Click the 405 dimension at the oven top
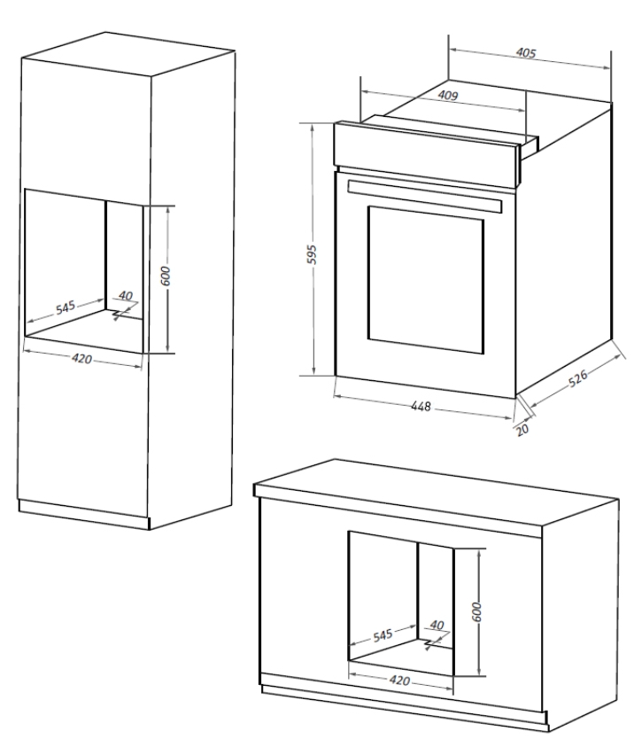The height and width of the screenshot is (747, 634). point(526,52)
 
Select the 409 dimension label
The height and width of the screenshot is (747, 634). point(448,96)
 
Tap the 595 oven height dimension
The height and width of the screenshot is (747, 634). point(312,254)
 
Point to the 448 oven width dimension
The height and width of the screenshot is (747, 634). point(421,406)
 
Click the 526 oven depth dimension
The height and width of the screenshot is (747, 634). point(578,377)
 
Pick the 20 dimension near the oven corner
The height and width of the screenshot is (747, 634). point(522,429)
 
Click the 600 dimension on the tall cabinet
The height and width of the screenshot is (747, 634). point(165,276)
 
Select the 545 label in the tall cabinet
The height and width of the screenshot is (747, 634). point(66,307)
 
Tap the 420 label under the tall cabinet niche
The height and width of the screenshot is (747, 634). point(81,358)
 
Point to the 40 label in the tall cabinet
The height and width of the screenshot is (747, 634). point(125,296)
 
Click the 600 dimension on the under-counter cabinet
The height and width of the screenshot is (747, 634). point(476,612)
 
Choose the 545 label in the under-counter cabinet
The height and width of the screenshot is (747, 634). point(383,635)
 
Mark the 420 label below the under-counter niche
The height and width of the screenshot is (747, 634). point(399,681)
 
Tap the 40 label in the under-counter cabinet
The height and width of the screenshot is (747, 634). point(437,625)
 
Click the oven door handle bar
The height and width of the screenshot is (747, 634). point(424,197)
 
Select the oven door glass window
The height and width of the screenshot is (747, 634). point(426,280)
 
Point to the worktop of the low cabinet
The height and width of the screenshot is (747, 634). point(436,493)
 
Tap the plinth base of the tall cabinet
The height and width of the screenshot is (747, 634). point(84,515)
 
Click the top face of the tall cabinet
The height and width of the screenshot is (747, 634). point(128,53)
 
